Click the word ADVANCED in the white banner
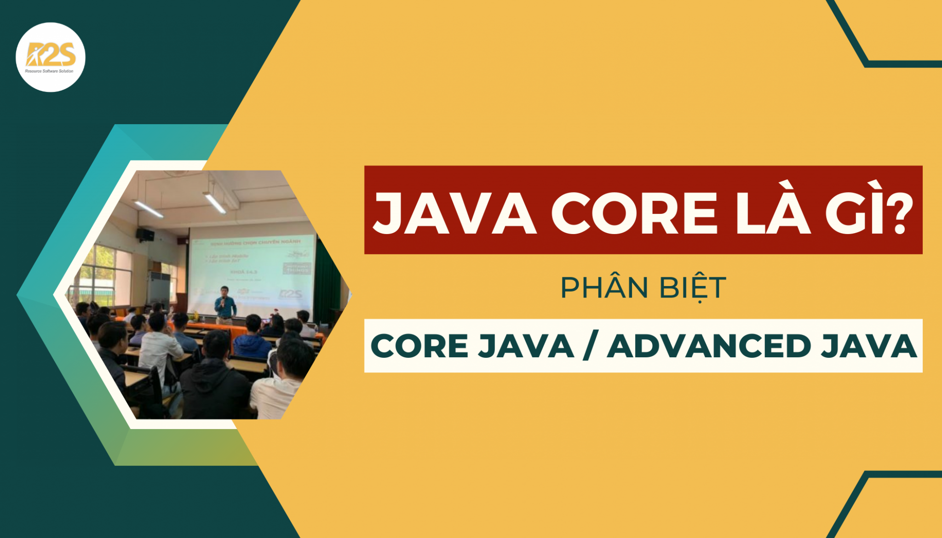pyautogui.click(x=709, y=346)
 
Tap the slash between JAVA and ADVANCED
pyautogui.click(x=590, y=346)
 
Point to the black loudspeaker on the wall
pyautogui.click(x=145, y=235)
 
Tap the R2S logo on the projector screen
pyautogui.click(x=291, y=294)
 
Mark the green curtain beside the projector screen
pyautogui.click(x=327, y=280)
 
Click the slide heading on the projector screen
pyautogui.click(x=255, y=242)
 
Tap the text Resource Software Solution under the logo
pyautogui.click(x=49, y=71)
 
